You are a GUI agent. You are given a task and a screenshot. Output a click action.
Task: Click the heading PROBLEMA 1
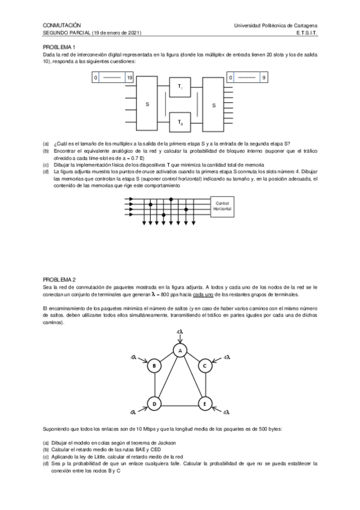click(x=59, y=47)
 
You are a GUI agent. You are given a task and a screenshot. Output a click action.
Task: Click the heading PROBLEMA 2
click(x=59, y=280)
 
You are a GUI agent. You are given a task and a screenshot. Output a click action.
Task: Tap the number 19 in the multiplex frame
click(x=129, y=78)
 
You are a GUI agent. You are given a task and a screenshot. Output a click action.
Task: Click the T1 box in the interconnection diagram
click(x=181, y=88)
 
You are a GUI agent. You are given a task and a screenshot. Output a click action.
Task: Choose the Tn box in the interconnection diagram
click(x=181, y=122)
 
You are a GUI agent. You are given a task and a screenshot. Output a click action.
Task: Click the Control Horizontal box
click(x=222, y=206)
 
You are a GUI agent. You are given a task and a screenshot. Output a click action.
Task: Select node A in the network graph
click(x=179, y=350)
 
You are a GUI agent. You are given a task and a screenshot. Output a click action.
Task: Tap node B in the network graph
click(x=154, y=366)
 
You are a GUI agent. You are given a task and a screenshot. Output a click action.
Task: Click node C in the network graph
click(x=204, y=366)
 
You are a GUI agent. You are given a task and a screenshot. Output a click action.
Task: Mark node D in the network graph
click(x=154, y=404)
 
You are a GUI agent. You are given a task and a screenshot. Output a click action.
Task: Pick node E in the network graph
click(x=204, y=404)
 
